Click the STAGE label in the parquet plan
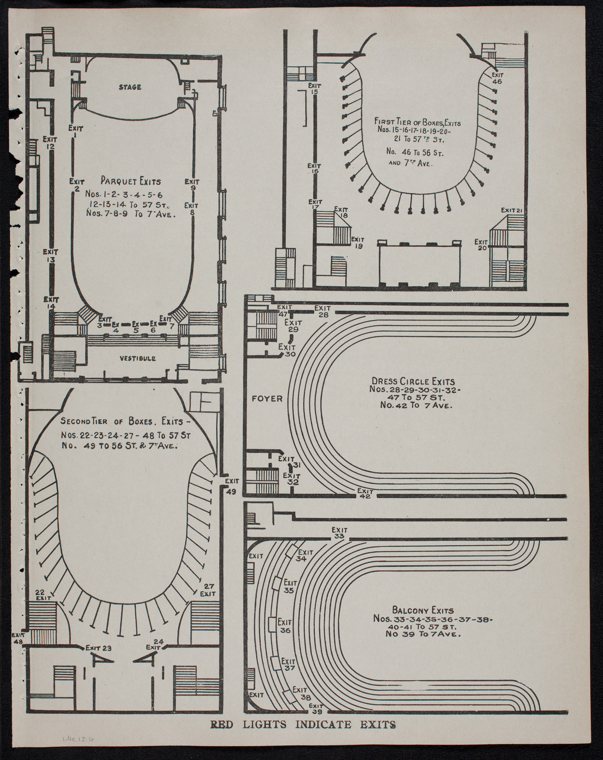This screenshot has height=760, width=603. pos(130,87)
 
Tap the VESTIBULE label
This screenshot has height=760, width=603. pos(138,358)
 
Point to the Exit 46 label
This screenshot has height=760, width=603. pos(497,78)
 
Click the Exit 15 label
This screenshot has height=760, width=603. pos(314,89)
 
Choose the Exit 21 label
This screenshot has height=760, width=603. pos(511,210)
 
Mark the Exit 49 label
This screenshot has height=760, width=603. pos(231,486)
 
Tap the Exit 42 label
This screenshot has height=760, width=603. pos(365,493)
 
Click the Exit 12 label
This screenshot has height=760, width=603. pos(50,142)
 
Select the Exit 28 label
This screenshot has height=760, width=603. pos(322,311)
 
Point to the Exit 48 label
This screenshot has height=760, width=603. pos(19,637)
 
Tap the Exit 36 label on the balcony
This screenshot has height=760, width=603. pos(285,626)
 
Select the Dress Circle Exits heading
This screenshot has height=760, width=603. pos(413,381)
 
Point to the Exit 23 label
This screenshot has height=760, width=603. pos(98,647)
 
